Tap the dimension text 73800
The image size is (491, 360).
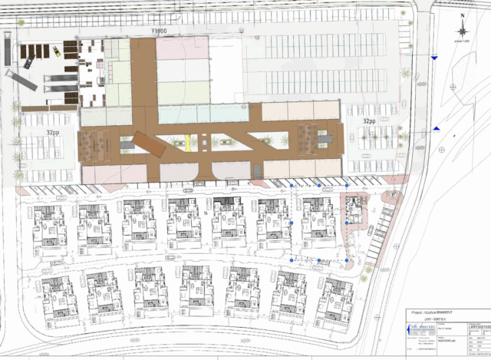click(160, 31)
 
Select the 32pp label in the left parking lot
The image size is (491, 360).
click(53, 131)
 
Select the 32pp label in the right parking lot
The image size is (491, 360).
click(370, 121)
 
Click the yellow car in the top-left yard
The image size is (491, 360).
click(57, 51)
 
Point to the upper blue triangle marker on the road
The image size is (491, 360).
click(435, 58)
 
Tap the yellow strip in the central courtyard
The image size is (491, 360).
click(189, 142)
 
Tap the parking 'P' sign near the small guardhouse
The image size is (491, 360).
click(393, 195)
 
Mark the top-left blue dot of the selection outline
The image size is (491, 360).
click(291, 186)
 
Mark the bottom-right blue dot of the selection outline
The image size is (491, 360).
click(347, 262)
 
